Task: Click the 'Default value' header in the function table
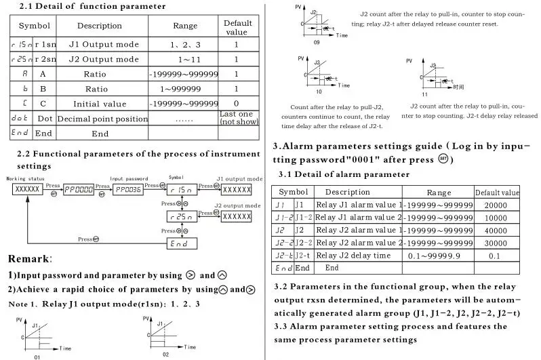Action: click(237, 27)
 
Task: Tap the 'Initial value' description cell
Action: click(99, 104)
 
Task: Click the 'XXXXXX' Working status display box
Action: click(27, 189)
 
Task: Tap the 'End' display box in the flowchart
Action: click(182, 242)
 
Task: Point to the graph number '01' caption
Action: click(38, 356)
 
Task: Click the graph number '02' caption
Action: click(165, 354)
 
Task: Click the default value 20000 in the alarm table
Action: click(496, 205)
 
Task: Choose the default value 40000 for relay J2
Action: click(496, 230)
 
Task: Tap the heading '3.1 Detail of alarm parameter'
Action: click(344, 174)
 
